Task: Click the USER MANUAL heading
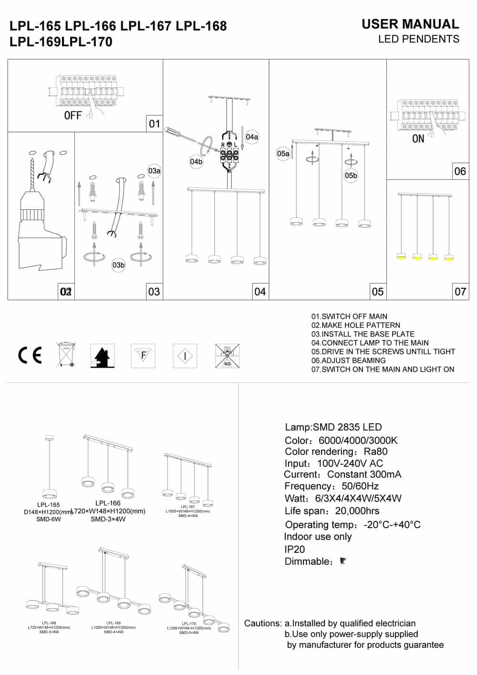[410, 24]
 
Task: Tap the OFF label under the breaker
[73, 115]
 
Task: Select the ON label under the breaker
[418, 139]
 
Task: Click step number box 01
[155, 124]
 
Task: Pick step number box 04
[260, 291]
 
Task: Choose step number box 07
[460, 291]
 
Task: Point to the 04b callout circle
[196, 162]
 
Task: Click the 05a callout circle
[283, 153]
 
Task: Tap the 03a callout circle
[154, 171]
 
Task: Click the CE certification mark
[30, 355]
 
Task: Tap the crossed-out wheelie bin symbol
[66, 354]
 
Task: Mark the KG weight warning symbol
[227, 356]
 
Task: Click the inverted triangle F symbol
[143, 355]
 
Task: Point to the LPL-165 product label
[49, 504]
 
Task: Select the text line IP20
[294, 549]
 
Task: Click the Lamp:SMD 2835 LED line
[333, 427]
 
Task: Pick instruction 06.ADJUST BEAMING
[348, 360]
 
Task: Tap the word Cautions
[262, 623]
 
